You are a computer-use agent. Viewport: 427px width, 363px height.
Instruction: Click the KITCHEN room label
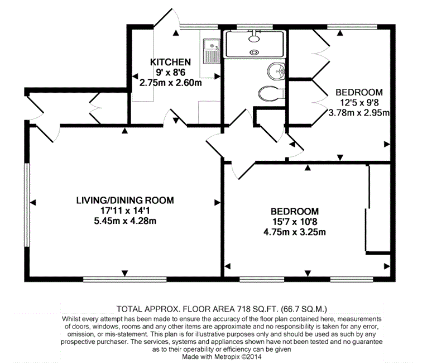click(x=170, y=62)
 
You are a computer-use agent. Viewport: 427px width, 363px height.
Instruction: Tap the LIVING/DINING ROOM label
click(x=125, y=200)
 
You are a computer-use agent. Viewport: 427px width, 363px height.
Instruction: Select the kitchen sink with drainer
click(x=212, y=51)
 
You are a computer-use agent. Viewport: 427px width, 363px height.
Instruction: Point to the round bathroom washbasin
click(x=276, y=71)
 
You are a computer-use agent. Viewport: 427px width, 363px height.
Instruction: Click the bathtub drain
click(x=254, y=51)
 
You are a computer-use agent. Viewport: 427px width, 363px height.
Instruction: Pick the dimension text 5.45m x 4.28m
click(x=125, y=221)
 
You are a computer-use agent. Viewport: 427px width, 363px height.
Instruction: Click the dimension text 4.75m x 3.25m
click(x=295, y=232)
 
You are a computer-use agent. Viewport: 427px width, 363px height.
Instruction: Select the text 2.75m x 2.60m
click(x=171, y=83)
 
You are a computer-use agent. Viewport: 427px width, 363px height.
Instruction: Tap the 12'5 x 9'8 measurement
click(x=359, y=103)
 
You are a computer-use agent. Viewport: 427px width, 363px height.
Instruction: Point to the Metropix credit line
click(x=222, y=356)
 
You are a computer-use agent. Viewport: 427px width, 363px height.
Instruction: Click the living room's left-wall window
click(x=27, y=205)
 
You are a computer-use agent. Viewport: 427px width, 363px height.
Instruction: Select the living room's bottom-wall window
click(x=124, y=279)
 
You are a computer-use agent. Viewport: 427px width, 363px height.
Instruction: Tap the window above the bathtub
click(x=255, y=27)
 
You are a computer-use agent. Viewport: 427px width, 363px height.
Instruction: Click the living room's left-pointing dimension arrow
click(x=33, y=203)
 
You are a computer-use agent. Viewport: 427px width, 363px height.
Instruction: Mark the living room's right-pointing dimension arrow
click(x=217, y=203)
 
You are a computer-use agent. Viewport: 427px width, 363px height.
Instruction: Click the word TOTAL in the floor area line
click(x=129, y=309)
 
